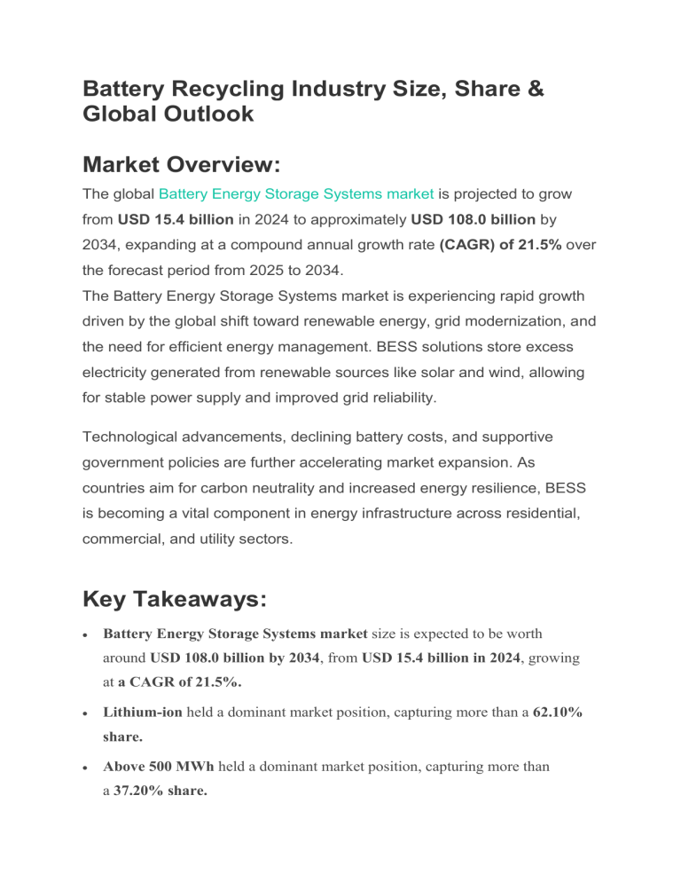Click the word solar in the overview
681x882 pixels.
click(x=434, y=373)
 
